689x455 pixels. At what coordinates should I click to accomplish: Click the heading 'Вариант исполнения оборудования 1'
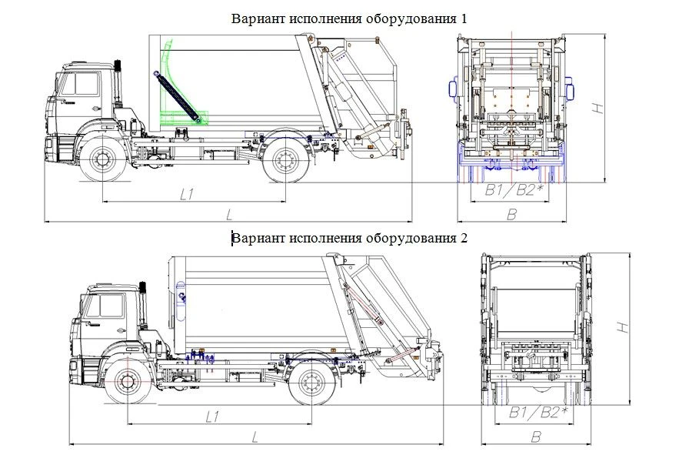pyautogui.click(x=349, y=18)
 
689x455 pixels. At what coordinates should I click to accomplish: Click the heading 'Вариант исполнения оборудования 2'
pyautogui.click(x=349, y=238)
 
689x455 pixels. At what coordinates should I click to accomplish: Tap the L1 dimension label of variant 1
pyautogui.click(x=187, y=195)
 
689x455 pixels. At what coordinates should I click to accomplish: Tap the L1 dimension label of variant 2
pyautogui.click(x=213, y=417)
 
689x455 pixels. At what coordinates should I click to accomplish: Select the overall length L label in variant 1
pyautogui.click(x=229, y=213)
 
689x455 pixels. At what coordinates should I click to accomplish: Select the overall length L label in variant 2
pyautogui.click(x=255, y=436)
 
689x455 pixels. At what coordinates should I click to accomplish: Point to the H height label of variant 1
pyautogui.click(x=597, y=109)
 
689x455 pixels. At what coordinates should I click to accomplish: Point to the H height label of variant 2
pyautogui.click(x=624, y=327)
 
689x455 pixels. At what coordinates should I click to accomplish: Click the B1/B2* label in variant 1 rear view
pyautogui.click(x=510, y=190)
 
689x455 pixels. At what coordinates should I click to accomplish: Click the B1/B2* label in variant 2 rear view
pyautogui.click(x=538, y=413)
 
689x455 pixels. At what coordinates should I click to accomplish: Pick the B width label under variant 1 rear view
pyautogui.click(x=511, y=214)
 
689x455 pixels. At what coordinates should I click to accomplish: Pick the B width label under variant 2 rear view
pyautogui.click(x=536, y=437)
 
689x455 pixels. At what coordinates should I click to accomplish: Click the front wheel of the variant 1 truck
pyautogui.click(x=102, y=160)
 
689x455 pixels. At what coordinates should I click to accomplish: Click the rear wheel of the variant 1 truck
pyautogui.click(x=285, y=160)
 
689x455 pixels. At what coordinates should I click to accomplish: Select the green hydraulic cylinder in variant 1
pyautogui.click(x=176, y=96)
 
